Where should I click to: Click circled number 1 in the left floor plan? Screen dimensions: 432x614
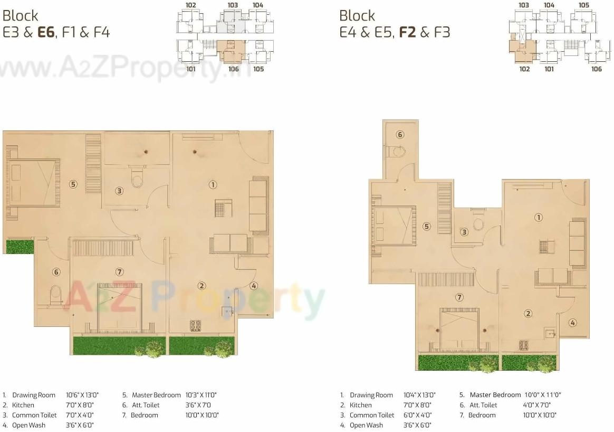213,185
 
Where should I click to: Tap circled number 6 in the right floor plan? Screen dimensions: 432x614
400,135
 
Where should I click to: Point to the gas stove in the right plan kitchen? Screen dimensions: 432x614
524,345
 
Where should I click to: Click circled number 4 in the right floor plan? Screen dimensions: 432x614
572,323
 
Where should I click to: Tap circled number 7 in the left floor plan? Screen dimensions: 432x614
120,272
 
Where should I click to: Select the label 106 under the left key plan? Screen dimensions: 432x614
233,69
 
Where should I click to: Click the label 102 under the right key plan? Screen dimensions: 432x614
524,69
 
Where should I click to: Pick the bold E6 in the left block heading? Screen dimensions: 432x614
46,32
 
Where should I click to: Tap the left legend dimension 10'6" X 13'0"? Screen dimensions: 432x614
82,395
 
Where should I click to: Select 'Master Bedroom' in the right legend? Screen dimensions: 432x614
495,395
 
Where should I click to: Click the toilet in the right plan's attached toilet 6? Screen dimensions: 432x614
399,152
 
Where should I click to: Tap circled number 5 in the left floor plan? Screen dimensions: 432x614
73,184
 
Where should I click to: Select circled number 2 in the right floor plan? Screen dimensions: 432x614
528,314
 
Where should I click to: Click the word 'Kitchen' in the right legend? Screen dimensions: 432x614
361,405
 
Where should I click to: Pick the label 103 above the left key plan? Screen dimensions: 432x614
233,5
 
